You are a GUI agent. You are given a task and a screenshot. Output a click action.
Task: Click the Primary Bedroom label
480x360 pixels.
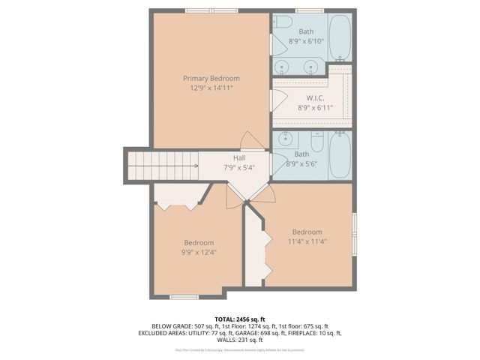211,78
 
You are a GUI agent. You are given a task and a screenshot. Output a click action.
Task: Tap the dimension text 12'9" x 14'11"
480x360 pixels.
211,88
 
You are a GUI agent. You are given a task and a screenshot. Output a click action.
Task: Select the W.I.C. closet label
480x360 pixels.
314,98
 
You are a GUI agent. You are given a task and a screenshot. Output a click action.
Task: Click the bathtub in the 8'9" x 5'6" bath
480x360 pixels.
340,154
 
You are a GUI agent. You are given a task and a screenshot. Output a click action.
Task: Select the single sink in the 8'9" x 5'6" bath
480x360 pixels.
286,140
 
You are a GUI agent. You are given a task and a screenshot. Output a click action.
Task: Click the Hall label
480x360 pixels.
238,157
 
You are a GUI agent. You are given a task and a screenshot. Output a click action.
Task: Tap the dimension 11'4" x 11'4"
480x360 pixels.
307,241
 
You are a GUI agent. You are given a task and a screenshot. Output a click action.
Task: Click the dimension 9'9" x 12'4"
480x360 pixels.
199,252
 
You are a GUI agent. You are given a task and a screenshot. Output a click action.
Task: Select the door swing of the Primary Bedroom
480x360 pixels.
253,139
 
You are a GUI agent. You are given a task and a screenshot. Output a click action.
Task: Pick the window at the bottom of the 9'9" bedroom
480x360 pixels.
184,297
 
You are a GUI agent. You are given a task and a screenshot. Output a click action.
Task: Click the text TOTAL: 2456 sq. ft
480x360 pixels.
239,319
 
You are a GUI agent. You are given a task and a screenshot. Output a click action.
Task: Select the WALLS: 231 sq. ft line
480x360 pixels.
239,340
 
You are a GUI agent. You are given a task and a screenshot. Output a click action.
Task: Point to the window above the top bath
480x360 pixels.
309,10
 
